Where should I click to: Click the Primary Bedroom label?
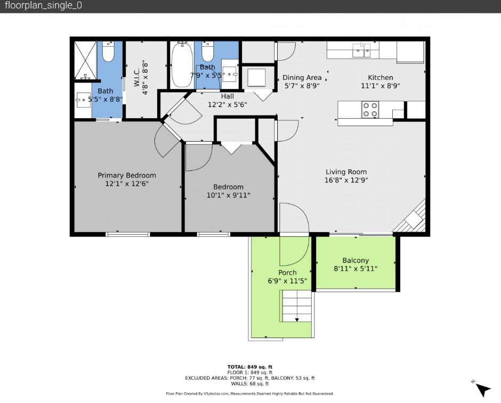coord(127,175)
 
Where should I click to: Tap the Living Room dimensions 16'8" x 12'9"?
coord(346,180)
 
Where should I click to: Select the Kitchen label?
coord(380,78)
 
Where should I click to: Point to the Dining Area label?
coord(302,78)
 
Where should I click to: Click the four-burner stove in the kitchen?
coord(370,110)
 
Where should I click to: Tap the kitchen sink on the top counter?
coord(361,51)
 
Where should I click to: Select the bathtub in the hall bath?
coord(182,65)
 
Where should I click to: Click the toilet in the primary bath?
coord(108,51)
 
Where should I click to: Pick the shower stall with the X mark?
coord(85,60)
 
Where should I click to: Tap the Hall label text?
coord(228,96)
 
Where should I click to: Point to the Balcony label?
coord(355,261)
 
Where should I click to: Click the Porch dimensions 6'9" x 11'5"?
coord(287,281)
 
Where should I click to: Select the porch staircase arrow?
coord(297,320)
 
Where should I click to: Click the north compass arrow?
coord(482,390)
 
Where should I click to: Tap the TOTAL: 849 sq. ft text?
coord(250,367)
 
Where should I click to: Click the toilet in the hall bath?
coord(208,51)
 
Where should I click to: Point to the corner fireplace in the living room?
coord(411,217)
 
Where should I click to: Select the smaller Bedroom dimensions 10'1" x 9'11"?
coord(228,195)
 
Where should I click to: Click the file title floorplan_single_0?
coord(43,5)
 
